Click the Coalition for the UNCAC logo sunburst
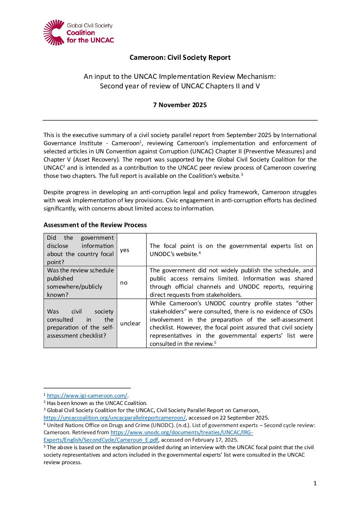pyautogui.click(x=54, y=33)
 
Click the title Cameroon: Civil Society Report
pyautogui.click(x=180, y=57)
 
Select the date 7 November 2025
pyautogui.click(x=180, y=105)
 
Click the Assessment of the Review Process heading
pyautogui.click(x=95, y=225)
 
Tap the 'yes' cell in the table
pyautogui.click(x=125, y=250)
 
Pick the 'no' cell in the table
pyautogui.click(x=124, y=283)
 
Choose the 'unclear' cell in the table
pyautogui.click(x=130, y=323)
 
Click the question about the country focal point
pyautogui.click(x=80, y=250)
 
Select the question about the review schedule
pyautogui.click(x=80, y=283)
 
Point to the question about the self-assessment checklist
pyautogui.click(x=80, y=323)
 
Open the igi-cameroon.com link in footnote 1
pyautogui.click(x=87, y=395)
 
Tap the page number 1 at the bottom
pyautogui.click(x=315, y=483)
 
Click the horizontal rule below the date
pyautogui.click(x=180, y=120)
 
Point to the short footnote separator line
pyautogui.click(x=87, y=388)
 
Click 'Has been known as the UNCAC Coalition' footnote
pyautogui.click(x=97, y=403)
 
